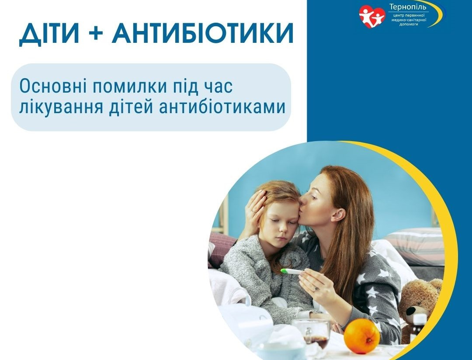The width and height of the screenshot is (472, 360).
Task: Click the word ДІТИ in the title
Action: pyautogui.click(x=49, y=33)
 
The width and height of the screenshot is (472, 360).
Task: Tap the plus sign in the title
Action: pyautogui.click(x=96, y=33)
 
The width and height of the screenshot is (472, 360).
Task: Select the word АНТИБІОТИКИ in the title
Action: pyautogui.click(x=203, y=33)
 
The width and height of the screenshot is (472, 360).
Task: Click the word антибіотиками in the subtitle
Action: pyautogui.click(x=222, y=107)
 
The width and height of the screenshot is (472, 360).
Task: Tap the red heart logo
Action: pyautogui.click(x=372, y=16)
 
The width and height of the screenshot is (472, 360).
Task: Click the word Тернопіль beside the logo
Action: pyautogui.click(x=408, y=7)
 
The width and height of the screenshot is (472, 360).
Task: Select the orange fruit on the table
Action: pyautogui.click(x=361, y=336)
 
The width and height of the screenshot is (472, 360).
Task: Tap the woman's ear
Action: pyautogui.click(x=338, y=215)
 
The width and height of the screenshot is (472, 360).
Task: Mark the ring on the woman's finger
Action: pyautogui.click(x=315, y=288)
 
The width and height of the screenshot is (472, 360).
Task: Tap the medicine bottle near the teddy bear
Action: pyautogui.click(x=419, y=325)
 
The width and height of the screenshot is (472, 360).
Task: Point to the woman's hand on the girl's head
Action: pyautogui.click(x=255, y=208)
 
